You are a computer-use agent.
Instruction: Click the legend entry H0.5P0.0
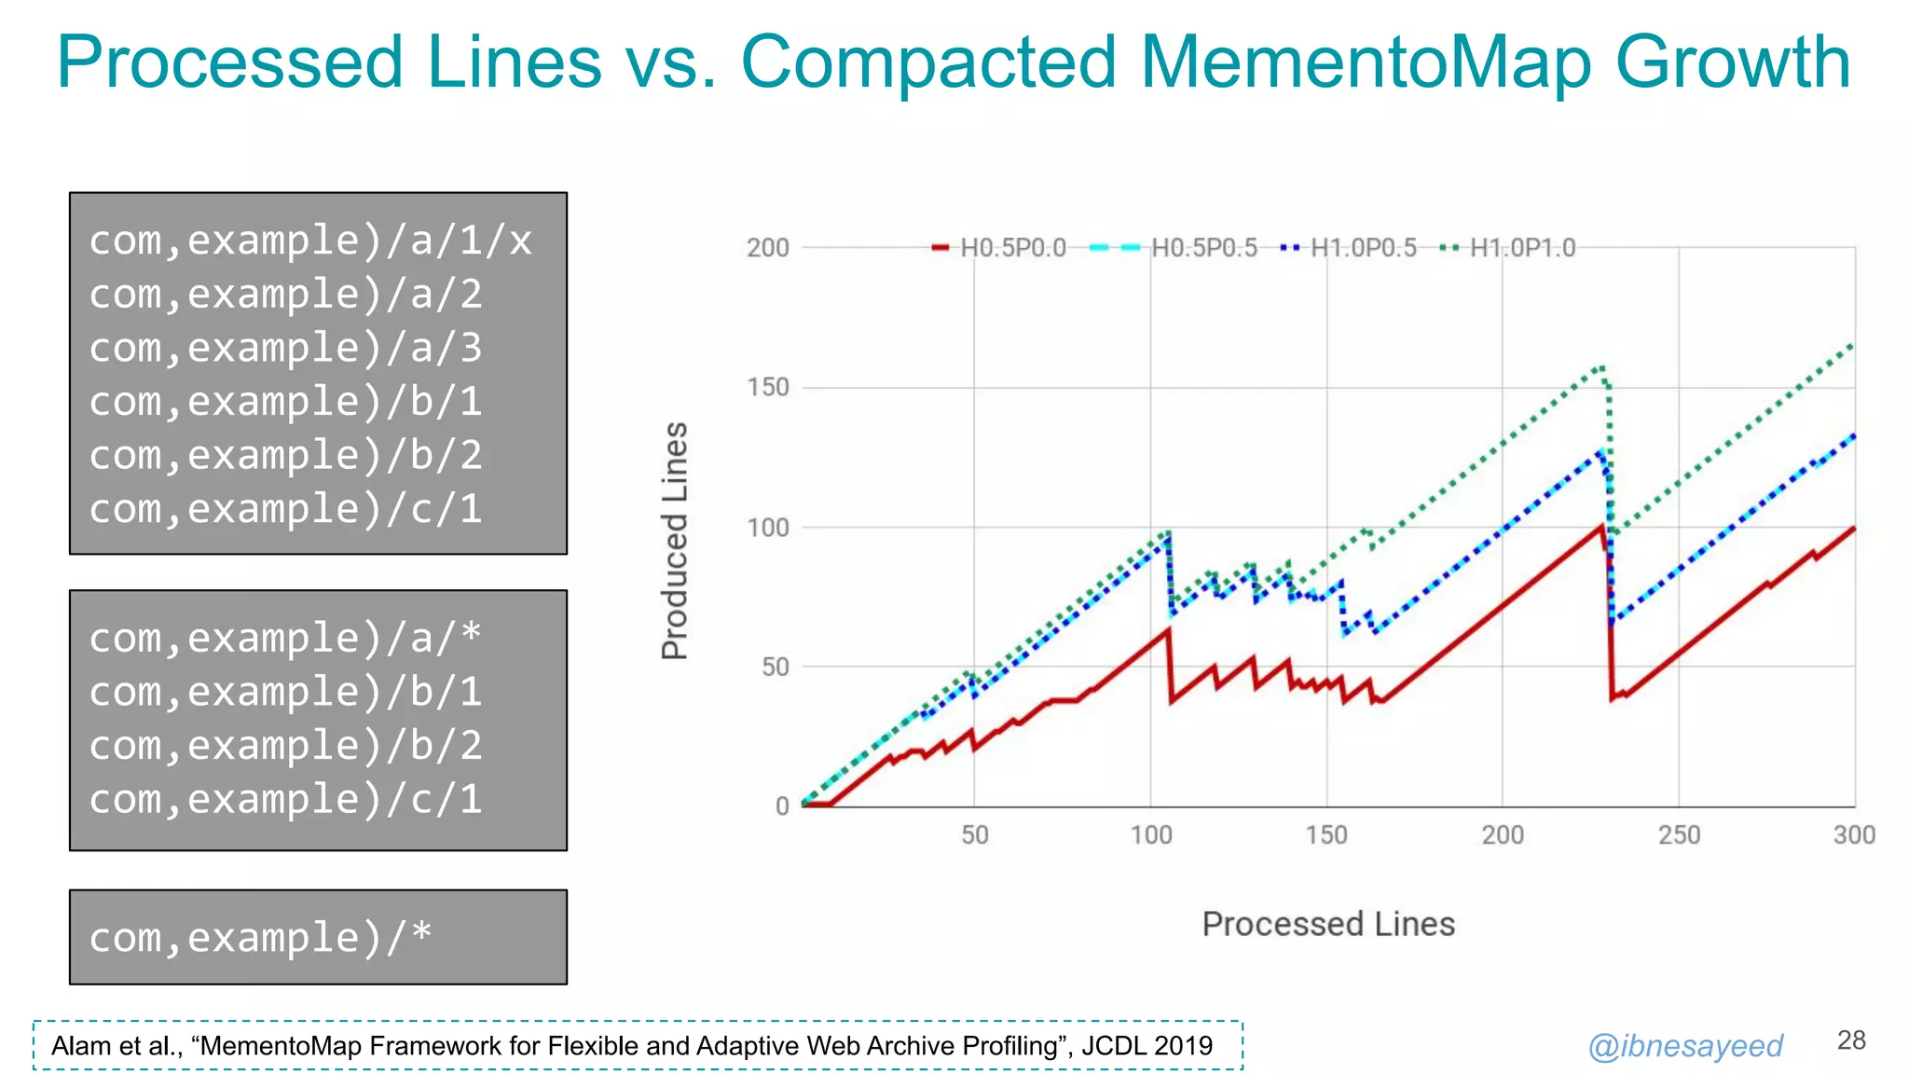(x=1012, y=248)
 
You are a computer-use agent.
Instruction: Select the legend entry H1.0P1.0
(x=1521, y=248)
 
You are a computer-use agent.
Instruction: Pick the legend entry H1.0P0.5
(x=1363, y=248)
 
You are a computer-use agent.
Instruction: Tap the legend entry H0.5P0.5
(x=1203, y=248)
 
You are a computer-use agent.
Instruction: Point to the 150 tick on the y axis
(x=768, y=387)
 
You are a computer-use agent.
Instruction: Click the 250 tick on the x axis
(x=1679, y=834)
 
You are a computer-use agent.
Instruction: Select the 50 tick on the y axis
(x=775, y=667)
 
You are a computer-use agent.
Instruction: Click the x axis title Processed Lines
(x=1327, y=924)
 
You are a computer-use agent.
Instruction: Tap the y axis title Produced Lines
(x=675, y=541)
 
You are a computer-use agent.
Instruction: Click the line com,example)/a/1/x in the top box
(x=310, y=241)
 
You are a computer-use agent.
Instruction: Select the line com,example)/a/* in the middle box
(x=285, y=639)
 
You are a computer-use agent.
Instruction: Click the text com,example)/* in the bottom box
(x=260, y=937)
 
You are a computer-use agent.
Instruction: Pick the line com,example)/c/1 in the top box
(x=285, y=509)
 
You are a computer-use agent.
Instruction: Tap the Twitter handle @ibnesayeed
(x=1684, y=1046)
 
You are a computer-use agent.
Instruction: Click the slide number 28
(x=1850, y=1040)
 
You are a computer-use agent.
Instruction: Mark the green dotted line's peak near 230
(x=1601, y=367)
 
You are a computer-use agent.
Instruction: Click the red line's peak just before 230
(x=1601, y=528)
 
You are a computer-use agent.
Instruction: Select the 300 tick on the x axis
(x=1853, y=834)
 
